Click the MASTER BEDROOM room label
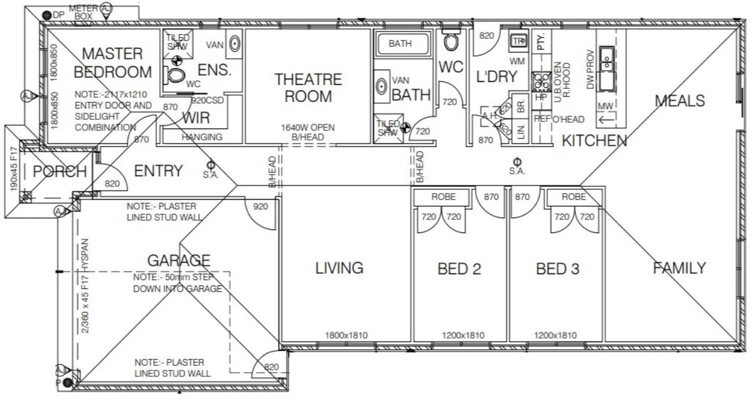point(112,63)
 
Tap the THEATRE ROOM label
point(308,88)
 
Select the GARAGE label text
point(179,260)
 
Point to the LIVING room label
point(339,268)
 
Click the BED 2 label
point(459,269)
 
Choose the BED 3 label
point(557,269)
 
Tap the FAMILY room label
point(680,268)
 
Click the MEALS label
point(680,100)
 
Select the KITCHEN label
point(594,141)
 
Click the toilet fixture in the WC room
point(451,41)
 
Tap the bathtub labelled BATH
point(402,44)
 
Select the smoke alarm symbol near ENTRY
point(210,164)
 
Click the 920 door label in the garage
point(261,206)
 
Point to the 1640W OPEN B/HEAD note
point(308,131)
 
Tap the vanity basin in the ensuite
point(234,43)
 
